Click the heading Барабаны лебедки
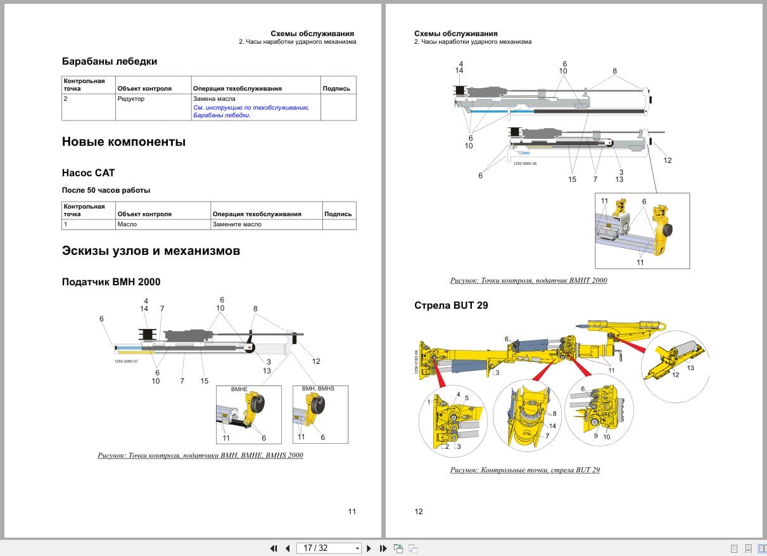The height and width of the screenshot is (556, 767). pos(110,61)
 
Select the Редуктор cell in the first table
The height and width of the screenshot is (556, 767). pos(131,99)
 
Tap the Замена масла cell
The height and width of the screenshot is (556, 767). pos(214,99)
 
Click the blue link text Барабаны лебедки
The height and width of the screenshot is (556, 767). pos(222,115)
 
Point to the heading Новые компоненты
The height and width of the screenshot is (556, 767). pos(124,142)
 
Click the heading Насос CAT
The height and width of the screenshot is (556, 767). pos(88,172)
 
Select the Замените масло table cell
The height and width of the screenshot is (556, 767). pos(237,224)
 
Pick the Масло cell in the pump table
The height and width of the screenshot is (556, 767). pos(127,224)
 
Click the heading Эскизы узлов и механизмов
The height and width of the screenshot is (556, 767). pos(151,250)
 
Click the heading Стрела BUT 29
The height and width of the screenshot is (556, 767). pos(451,306)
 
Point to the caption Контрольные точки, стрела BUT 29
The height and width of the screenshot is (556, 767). pos(525,470)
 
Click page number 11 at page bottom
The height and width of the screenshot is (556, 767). pos(352,512)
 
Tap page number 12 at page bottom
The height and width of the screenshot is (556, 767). pos(419,512)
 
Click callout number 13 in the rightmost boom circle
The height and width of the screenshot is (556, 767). pos(690,368)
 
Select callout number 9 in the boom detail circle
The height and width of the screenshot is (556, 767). pos(595,436)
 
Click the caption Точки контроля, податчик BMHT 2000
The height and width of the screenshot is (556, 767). pos(528,280)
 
